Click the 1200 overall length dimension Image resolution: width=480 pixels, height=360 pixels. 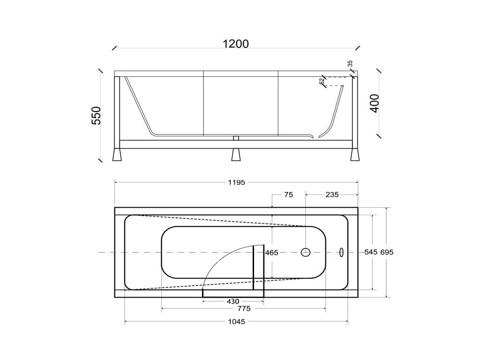tap(235, 44)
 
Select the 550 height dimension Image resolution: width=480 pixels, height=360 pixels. tap(97, 115)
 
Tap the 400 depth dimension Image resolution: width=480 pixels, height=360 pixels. tap(375, 104)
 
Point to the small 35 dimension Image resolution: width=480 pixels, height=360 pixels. tap(350, 64)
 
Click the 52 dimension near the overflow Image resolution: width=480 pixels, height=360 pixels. tap(322, 81)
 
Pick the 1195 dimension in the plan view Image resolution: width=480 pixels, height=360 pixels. tap(236, 182)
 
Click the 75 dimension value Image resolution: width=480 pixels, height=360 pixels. tap(289, 195)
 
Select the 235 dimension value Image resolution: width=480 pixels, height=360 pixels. tap(332, 195)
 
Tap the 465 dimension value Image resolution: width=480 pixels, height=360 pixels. tap(271, 253)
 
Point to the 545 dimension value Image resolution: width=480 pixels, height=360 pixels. tap(371, 252)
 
